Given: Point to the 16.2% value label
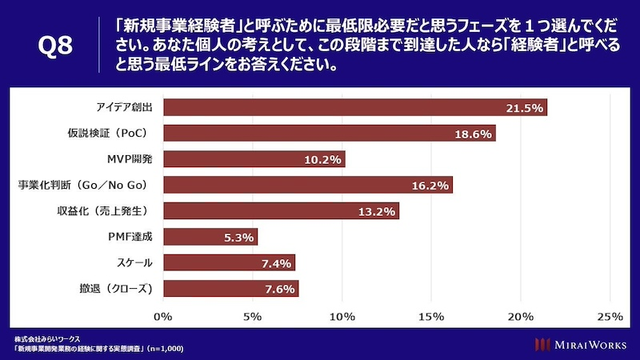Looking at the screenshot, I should [430, 186].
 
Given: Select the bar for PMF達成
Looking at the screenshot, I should [210, 237].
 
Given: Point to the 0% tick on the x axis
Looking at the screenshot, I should [163, 317].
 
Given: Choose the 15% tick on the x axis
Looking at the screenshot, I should [431, 317].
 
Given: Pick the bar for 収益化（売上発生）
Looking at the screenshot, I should [281, 211].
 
